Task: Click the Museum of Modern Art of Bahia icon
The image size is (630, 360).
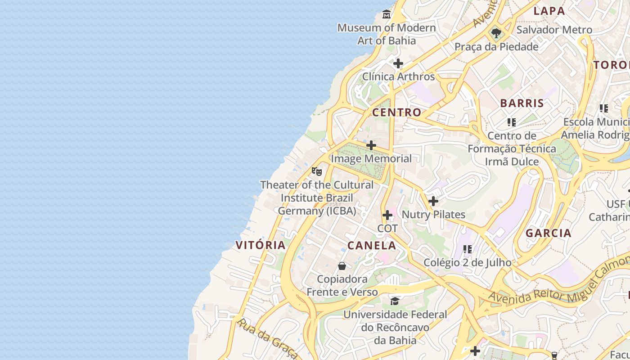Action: coord(386,15)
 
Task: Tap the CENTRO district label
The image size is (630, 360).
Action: coord(396,112)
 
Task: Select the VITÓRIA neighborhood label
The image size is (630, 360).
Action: coord(261,245)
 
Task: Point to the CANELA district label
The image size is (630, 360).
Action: coord(372,246)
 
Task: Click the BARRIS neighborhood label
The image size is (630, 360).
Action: coord(522,103)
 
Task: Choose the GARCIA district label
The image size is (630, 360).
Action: coord(549,233)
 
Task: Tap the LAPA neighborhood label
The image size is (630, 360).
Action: coord(549,11)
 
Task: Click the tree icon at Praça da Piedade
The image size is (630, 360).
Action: coord(496,33)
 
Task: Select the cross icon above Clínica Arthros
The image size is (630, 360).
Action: coord(398,63)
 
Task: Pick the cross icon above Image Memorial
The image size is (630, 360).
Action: coord(371,145)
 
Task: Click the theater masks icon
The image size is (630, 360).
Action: coord(317,171)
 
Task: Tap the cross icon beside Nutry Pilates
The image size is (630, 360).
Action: coord(433,201)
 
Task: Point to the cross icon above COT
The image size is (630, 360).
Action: coord(387,215)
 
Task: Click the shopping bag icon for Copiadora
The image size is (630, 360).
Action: coord(342,266)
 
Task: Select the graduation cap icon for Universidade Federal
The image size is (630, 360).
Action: coord(395,301)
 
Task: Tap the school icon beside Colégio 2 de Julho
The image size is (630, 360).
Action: coord(468,249)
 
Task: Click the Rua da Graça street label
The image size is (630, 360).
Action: coord(267,339)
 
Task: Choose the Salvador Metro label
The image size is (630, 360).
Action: coord(554,30)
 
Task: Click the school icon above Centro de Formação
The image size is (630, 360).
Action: coord(511,122)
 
